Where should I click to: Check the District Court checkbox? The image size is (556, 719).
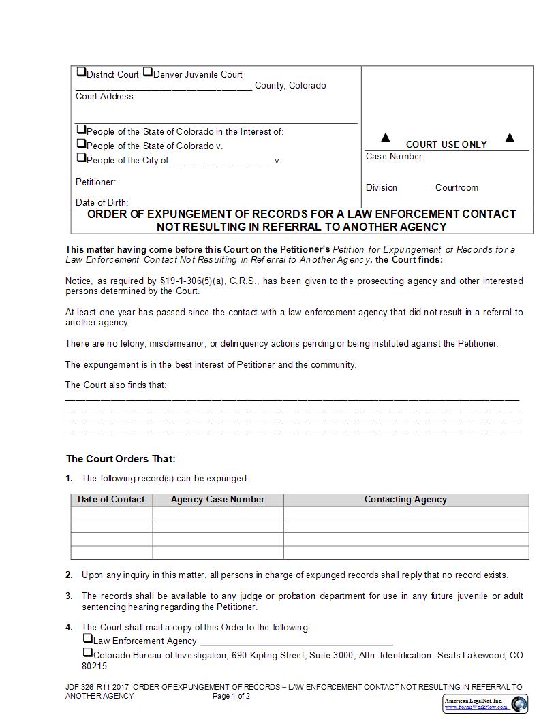(81, 72)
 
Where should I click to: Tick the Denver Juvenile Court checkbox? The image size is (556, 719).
(148, 72)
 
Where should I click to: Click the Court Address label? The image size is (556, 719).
(106, 97)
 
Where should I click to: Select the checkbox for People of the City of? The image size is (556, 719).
(81, 158)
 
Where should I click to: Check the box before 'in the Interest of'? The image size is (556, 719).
(81, 129)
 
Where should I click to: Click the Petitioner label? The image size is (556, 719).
(95, 182)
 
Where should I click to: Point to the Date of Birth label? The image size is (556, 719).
(102, 202)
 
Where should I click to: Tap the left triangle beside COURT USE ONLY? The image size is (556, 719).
(386, 138)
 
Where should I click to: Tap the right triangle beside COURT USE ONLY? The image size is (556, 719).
(510, 138)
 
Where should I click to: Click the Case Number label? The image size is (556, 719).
(395, 157)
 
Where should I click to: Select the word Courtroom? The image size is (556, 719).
(457, 188)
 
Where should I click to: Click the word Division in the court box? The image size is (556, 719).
(382, 188)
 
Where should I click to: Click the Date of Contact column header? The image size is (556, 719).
(111, 500)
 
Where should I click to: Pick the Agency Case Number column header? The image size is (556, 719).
(217, 500)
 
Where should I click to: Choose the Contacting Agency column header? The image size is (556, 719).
(405, 500)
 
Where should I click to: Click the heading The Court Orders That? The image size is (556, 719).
(121, 459)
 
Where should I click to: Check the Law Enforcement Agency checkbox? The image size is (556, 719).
(87, 639)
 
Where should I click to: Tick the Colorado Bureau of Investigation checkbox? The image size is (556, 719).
(87, 654)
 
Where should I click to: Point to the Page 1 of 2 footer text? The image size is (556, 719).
(231, 697)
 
